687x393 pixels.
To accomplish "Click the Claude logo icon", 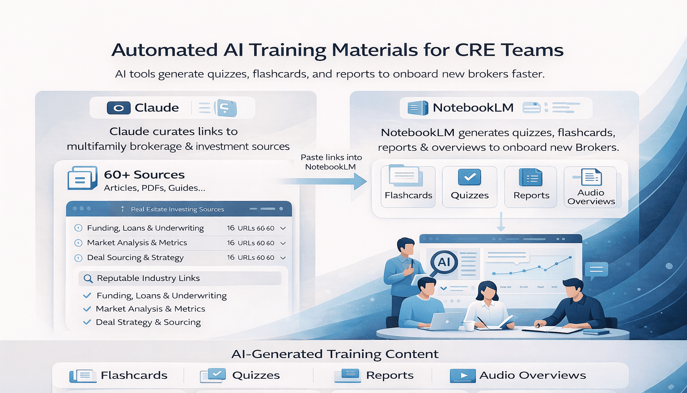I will [x=119, y=108].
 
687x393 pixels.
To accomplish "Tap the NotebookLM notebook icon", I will [x=418, y=108].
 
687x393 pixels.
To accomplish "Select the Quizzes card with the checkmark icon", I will [x=470, y=187].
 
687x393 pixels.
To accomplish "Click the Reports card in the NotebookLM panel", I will [x=531, y=187].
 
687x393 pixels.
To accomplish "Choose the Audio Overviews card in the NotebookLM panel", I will [x=591, y=187].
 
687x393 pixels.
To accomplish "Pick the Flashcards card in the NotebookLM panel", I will [x=408, y=187].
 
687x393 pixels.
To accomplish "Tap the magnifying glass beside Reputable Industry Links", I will [x=89, y=278].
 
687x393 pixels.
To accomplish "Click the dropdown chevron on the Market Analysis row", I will [x=283, y=243].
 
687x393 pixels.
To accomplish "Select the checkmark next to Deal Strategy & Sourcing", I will [x=87, y=322].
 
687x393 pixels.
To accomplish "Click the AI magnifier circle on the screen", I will [x=444, y=262].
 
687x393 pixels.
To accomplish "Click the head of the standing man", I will [x=406, y=246].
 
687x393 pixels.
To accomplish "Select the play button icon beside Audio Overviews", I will [x=463, y=376].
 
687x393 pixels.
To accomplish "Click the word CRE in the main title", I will [x=475, y=50].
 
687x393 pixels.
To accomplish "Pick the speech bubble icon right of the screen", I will [x=596, y=269].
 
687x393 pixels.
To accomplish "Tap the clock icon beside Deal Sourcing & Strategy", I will [x=78, y=258].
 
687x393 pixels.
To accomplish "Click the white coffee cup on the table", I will [x=469, y=325].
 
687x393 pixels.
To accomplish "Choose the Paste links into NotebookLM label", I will [x=331, y=162].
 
